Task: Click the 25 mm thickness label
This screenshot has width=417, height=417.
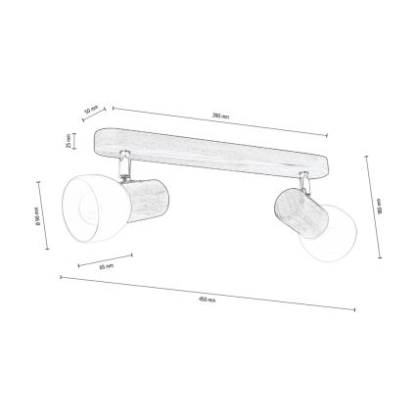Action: [x=68, y=141]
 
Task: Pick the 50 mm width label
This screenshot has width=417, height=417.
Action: [x=93, y=110]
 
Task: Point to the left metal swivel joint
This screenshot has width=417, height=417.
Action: [x=124, y=166]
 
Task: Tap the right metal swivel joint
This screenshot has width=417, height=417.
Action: [x=305, y=181]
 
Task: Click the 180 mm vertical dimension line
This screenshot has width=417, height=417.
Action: [x=373, y=207]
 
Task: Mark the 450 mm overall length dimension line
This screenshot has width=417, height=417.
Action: [x=208, y=292]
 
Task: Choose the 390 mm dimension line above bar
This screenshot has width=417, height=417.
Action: [x=220, y=122]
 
